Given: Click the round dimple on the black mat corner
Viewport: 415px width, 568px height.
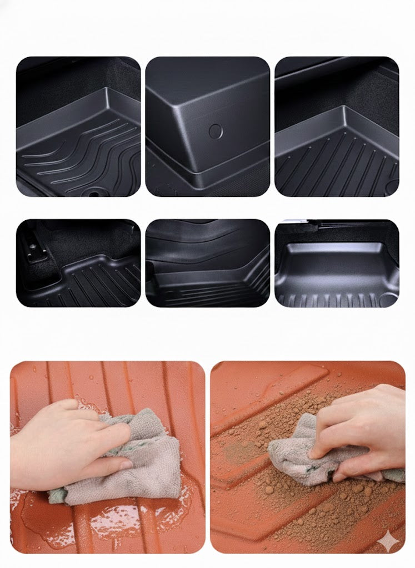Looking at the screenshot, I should coord(216,131).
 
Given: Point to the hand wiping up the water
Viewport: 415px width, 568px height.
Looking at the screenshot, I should coord(61,438).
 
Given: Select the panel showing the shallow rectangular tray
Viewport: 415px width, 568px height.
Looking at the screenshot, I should coord(337,263).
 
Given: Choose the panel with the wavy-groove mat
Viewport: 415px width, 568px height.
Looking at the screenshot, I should coord(78,126).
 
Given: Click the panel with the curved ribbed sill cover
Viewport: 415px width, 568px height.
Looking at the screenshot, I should coord(208,263).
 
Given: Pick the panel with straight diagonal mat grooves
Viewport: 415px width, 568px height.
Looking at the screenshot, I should coord(337,126).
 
